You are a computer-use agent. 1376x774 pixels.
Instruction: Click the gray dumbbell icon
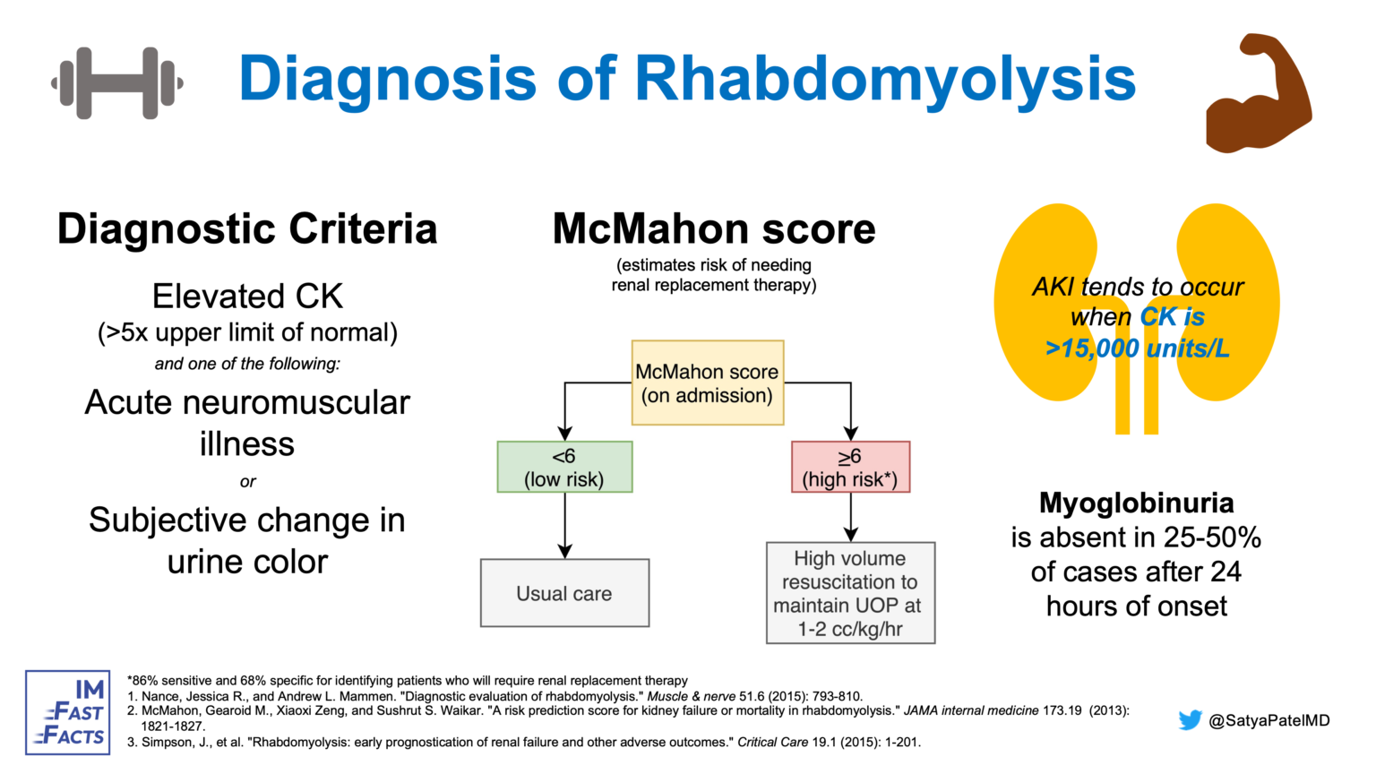[x=117, y=83]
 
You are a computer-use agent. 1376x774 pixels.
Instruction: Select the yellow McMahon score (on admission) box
[x=707, y=383]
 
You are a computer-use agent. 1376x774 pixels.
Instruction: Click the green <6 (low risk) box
[x=564, y=467]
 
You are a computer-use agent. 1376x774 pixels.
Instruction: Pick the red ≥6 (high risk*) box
[x=850, y=467]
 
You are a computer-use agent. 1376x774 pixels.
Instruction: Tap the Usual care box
[x=564, y=593]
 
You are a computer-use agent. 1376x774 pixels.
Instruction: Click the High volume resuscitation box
[x=850, y=593]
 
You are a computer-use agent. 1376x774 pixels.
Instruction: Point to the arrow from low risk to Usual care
[x=564, y=526]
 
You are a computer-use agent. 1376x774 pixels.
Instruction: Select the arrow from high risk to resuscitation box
[x=850, y=517]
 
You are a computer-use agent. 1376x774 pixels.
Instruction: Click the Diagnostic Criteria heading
[x=247, y=229]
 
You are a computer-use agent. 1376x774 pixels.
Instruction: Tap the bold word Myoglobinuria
[x=1136, y=503]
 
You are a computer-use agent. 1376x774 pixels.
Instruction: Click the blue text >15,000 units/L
[x=1137, y=348]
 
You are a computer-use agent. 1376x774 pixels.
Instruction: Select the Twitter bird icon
[x=1190, y=720]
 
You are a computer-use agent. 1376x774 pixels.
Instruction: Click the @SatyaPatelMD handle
[x=1268, y=720]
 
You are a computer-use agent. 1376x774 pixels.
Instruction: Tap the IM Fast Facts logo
[x=68, y=712]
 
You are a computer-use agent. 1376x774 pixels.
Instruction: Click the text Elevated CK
[x=247, y=297]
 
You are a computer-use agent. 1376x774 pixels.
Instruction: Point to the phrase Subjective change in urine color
[x=247, y=540]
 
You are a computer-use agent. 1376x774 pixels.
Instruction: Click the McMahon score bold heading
[x=713, y=229]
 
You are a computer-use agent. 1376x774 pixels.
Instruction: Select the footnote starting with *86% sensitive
[x=408, y=681]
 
